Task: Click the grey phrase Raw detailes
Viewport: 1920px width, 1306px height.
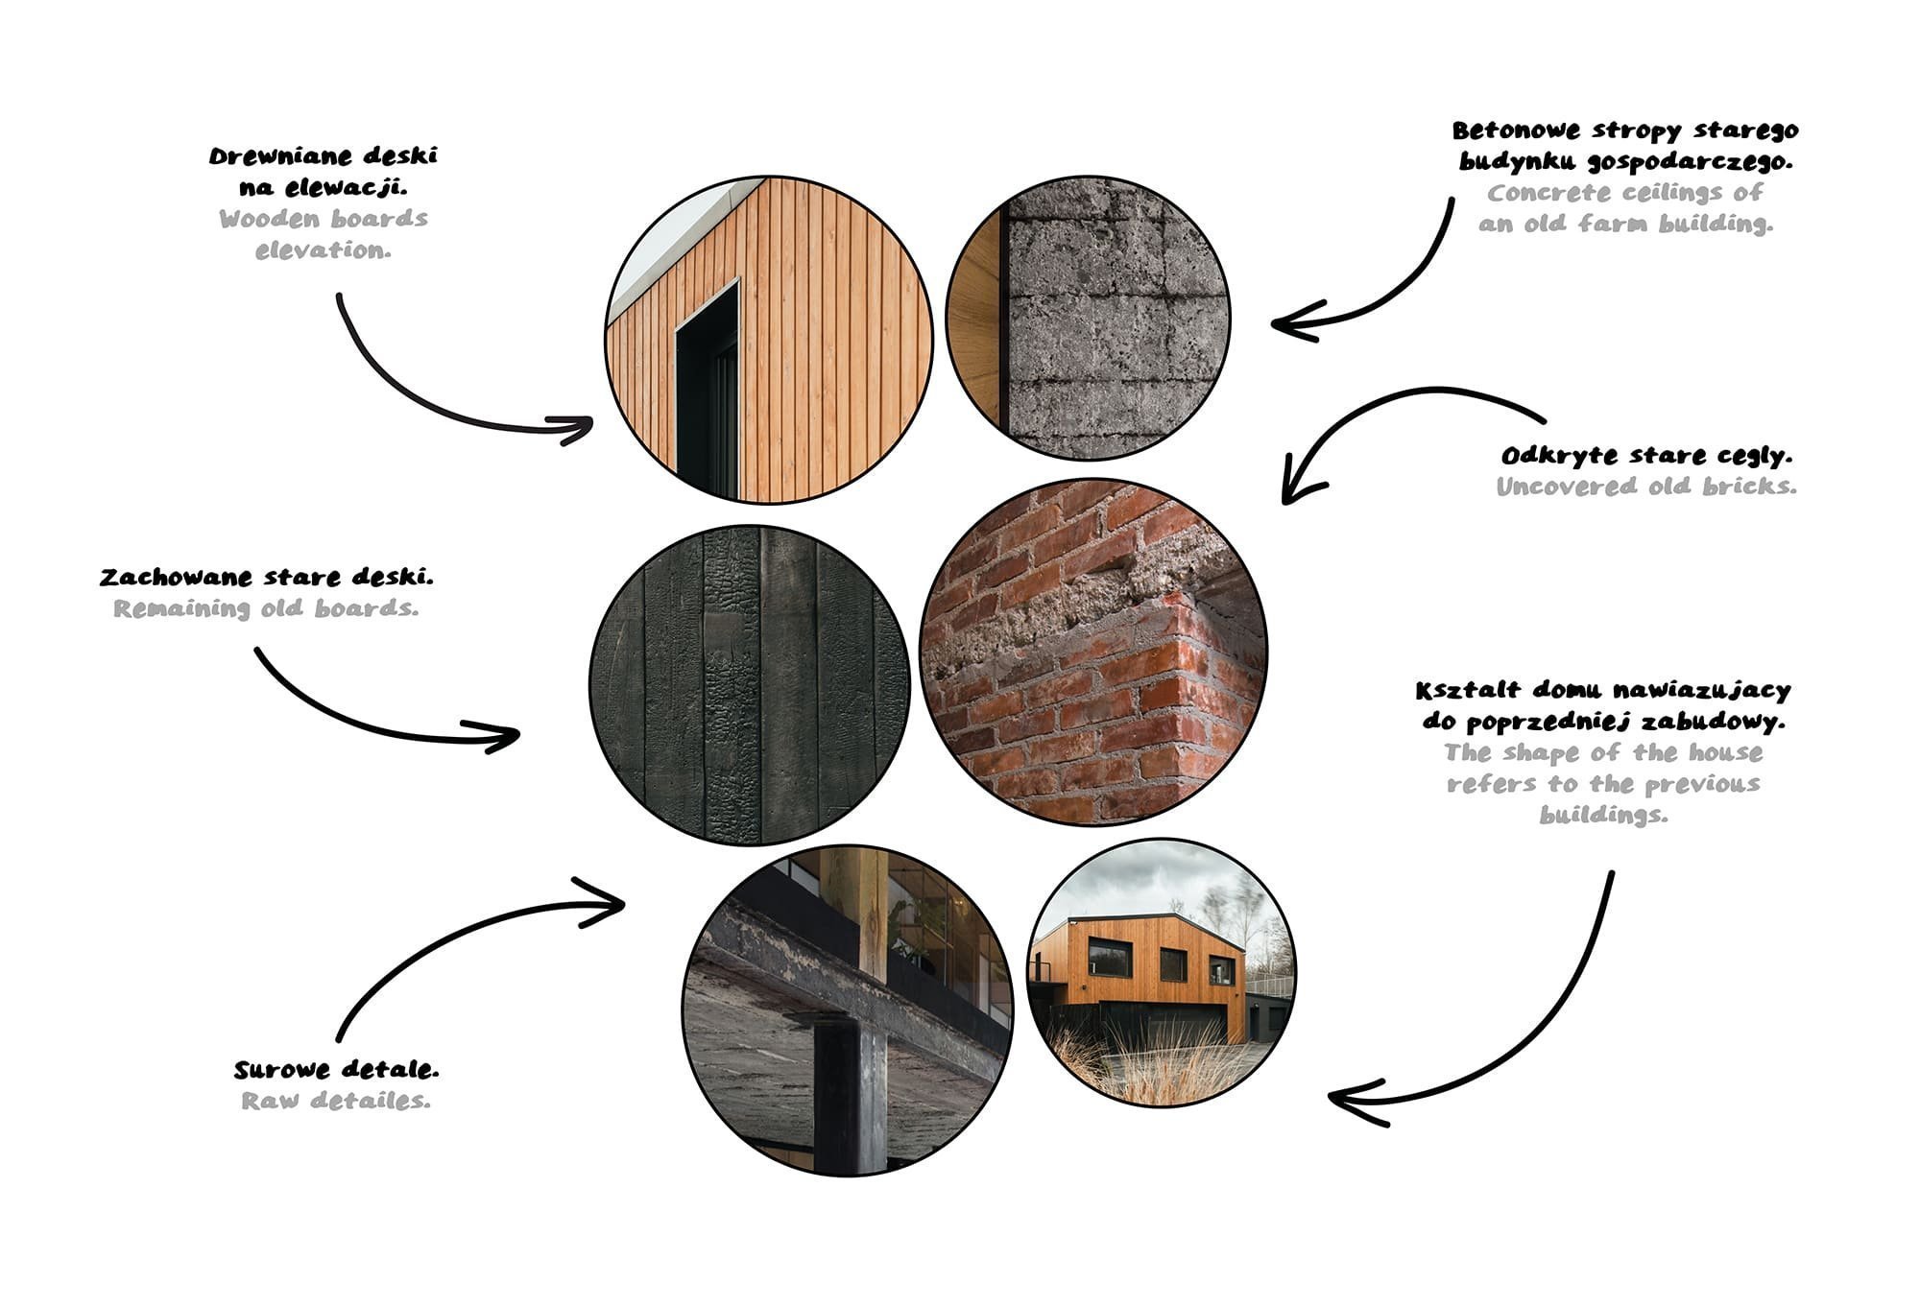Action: (336, 1101)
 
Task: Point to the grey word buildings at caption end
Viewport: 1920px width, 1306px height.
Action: (1603, 816)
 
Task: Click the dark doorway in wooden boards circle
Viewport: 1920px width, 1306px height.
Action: (707, 393)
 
